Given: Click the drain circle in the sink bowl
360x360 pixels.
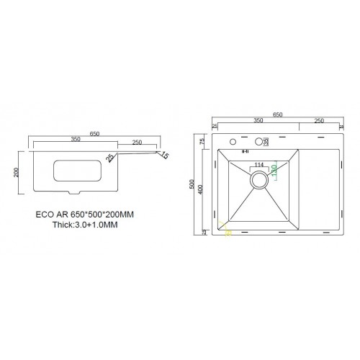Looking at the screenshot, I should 258,182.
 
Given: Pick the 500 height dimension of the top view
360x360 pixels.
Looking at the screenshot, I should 192,185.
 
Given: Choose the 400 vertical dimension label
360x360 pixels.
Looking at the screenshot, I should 204,192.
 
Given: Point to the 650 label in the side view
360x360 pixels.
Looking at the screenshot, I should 94,133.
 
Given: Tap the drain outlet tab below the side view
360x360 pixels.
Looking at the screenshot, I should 73,193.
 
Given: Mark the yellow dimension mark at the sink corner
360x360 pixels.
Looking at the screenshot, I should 228,232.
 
